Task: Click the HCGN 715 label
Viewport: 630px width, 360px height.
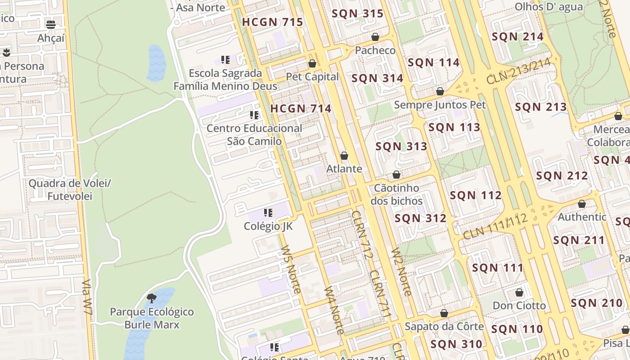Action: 272,22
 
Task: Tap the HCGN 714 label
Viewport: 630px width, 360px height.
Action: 301,108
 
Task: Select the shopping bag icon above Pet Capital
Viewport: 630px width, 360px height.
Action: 312,63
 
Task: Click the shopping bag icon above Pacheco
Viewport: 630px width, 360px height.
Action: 375,37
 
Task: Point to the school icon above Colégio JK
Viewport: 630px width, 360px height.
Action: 268,213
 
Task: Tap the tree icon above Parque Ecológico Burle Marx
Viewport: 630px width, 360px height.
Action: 152,298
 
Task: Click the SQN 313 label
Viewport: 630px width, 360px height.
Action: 401,146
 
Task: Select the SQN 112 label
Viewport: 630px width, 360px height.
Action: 476,195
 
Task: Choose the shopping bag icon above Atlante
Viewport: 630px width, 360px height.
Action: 344,156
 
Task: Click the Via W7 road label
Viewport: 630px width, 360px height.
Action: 88,301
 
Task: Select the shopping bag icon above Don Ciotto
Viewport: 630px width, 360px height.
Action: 519,292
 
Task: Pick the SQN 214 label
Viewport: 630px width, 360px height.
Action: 517,37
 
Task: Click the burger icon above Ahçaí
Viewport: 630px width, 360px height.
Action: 51,24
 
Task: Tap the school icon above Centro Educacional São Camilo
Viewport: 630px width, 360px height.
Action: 254,115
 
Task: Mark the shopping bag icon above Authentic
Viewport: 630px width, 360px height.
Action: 582,204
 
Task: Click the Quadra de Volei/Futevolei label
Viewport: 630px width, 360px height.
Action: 70,190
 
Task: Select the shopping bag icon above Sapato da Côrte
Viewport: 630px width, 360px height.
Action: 444,313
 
